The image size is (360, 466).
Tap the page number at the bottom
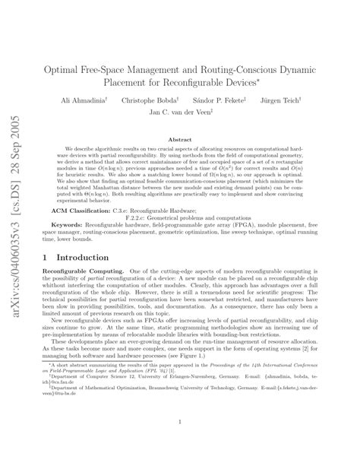pyautogui.click(x=179, y=439)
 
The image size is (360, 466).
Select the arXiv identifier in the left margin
pyautogui.click(x=14, y=190)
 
